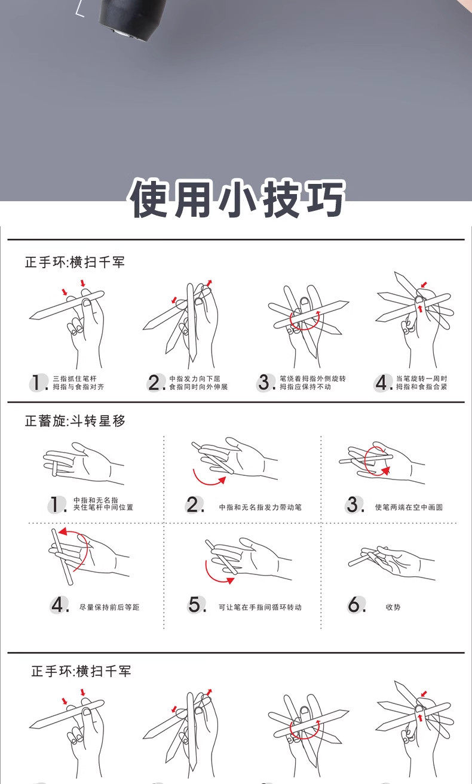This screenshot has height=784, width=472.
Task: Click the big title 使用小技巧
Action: [x=237, y=199]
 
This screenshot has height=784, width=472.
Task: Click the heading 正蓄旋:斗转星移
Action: [x=75, y=421]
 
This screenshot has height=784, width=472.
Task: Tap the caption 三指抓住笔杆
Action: [x=75, y=379]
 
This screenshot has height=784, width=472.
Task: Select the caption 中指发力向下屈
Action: [x=195, y=379]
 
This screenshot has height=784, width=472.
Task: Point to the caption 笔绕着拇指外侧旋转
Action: [x=312, y=379]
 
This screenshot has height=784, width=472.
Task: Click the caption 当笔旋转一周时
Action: [x=422, y=379]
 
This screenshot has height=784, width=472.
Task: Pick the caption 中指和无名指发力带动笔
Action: [x=260, y=507]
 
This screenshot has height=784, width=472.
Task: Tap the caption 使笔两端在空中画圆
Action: [x=409, y=507]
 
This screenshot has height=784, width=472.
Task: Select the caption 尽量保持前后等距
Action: [x=109, y=607]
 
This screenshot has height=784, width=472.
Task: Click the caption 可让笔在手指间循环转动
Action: [x=260, y=607]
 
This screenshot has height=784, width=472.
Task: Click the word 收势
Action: [x=393, y=607]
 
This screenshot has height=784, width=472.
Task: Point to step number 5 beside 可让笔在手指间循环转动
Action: [x=196, y=605]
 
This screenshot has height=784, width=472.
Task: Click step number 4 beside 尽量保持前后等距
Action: [x=59, y=605]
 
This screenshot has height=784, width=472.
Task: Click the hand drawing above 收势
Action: [x=391, y=562]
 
